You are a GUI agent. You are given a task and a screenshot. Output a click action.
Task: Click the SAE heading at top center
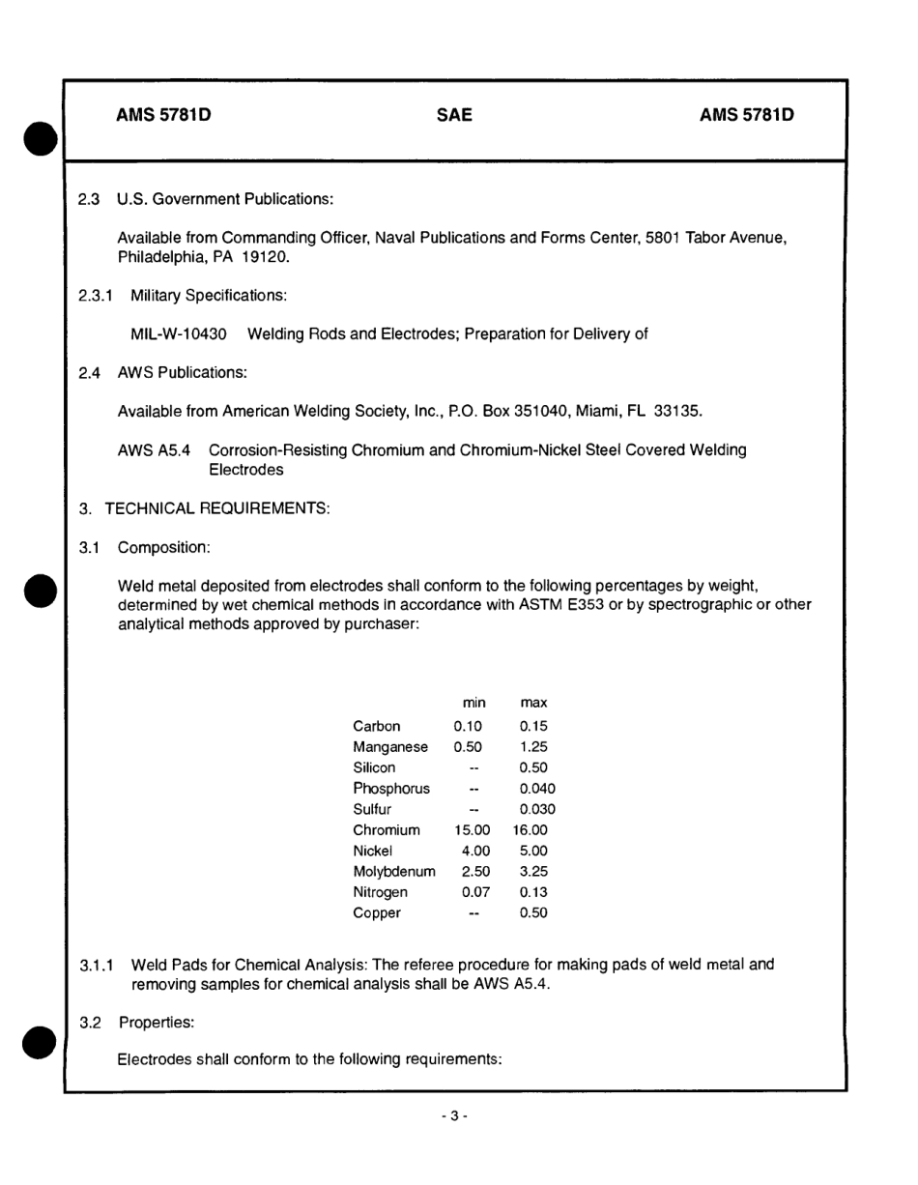point(454,116)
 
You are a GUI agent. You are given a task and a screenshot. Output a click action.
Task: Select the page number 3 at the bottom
point(454,1115)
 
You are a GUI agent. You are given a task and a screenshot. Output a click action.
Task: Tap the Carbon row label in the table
point(377,726)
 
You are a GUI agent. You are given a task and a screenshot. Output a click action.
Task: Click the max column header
point(533,703)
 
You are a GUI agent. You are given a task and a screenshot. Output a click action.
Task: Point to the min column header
point(474,703)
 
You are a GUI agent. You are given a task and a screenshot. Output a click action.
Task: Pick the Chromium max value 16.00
point(531,830)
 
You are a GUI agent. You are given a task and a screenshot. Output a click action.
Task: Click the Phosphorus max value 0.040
point(537,789)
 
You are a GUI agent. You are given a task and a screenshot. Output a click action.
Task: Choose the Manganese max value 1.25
point(533,747)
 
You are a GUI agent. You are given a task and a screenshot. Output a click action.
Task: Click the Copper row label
point(377,913)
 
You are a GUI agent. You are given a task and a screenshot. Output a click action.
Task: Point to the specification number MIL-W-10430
point(179,334)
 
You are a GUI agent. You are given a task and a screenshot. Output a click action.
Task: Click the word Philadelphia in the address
point(157,258)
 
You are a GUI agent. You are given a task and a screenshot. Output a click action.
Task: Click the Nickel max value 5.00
point(533,852)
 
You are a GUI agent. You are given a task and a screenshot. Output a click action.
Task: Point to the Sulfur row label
point(372,809)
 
